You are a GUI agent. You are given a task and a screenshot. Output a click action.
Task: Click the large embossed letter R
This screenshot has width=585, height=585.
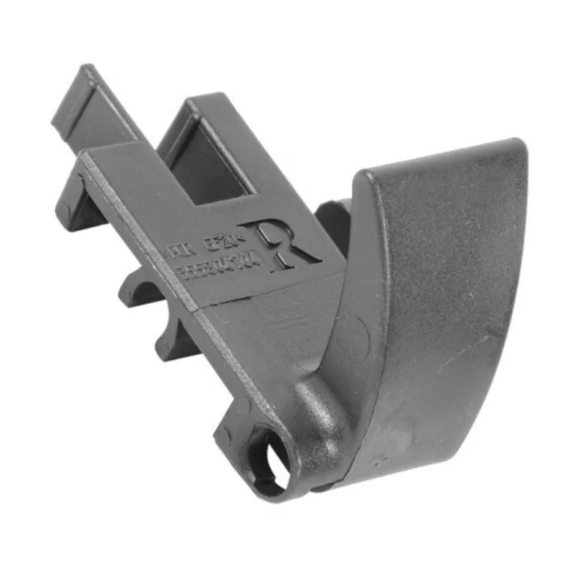point(282,245)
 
